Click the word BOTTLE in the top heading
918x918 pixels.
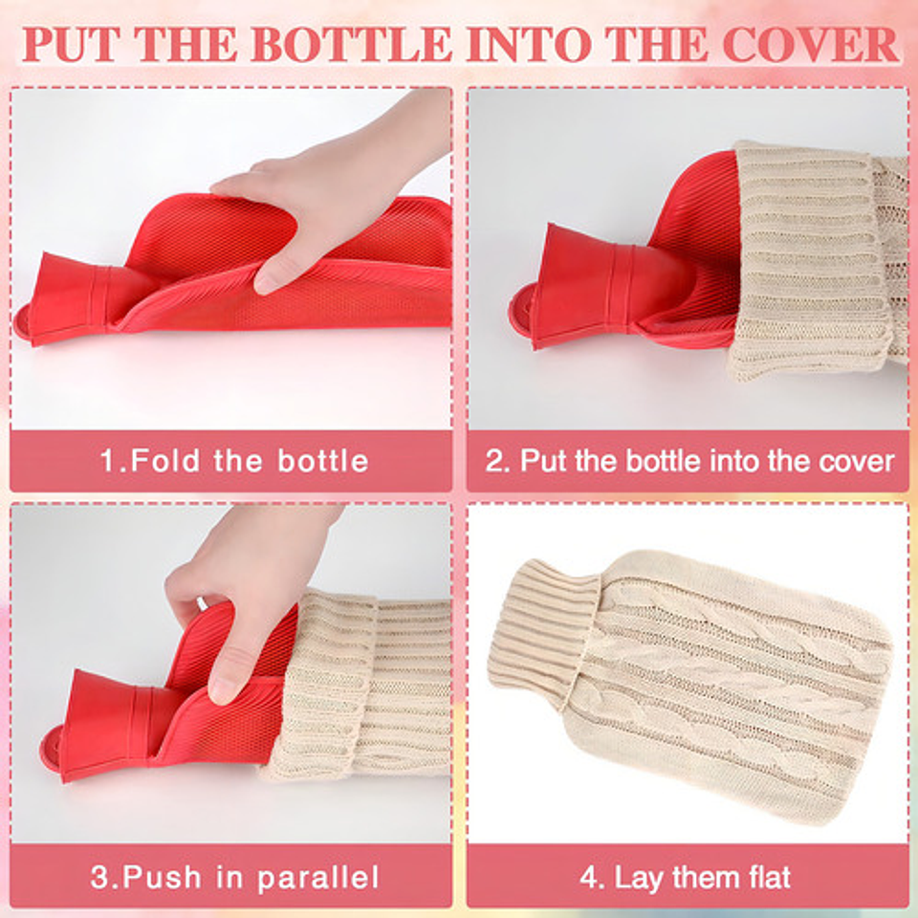(353, 44)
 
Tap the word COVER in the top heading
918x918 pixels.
(811, 44)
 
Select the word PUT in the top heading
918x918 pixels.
(70, 44)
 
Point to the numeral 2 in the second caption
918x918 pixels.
(494, 461)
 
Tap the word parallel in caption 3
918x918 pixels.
(317, 878)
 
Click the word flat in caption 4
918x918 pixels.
(769, 878)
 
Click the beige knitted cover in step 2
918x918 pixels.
(817, 260)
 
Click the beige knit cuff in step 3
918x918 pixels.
(328, 685)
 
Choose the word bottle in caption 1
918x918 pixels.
(322, 461)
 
